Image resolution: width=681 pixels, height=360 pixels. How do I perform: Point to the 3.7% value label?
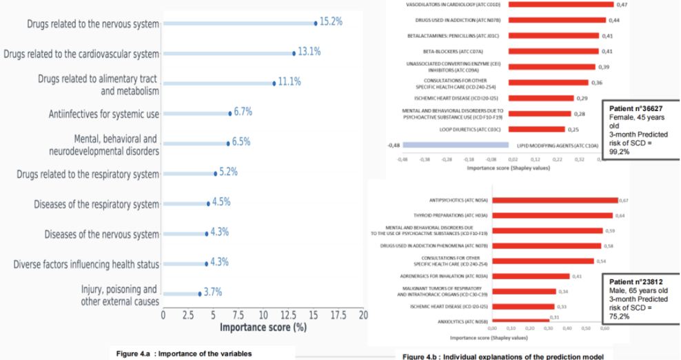tap(212, 292)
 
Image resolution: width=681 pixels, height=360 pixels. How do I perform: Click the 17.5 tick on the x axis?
tap(338, 314)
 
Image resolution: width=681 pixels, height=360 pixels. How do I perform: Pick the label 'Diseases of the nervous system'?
tap(101, 234)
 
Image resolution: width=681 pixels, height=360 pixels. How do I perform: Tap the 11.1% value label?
tap(289, 82)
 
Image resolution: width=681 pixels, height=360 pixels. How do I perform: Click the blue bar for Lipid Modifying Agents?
tap(455, 145)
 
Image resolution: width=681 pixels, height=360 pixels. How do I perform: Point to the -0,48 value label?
tap(394, 145)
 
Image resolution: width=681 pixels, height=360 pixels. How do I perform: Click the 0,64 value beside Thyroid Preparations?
tap(620, 216)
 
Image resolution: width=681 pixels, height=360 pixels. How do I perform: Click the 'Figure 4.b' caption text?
tap(502, 356)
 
